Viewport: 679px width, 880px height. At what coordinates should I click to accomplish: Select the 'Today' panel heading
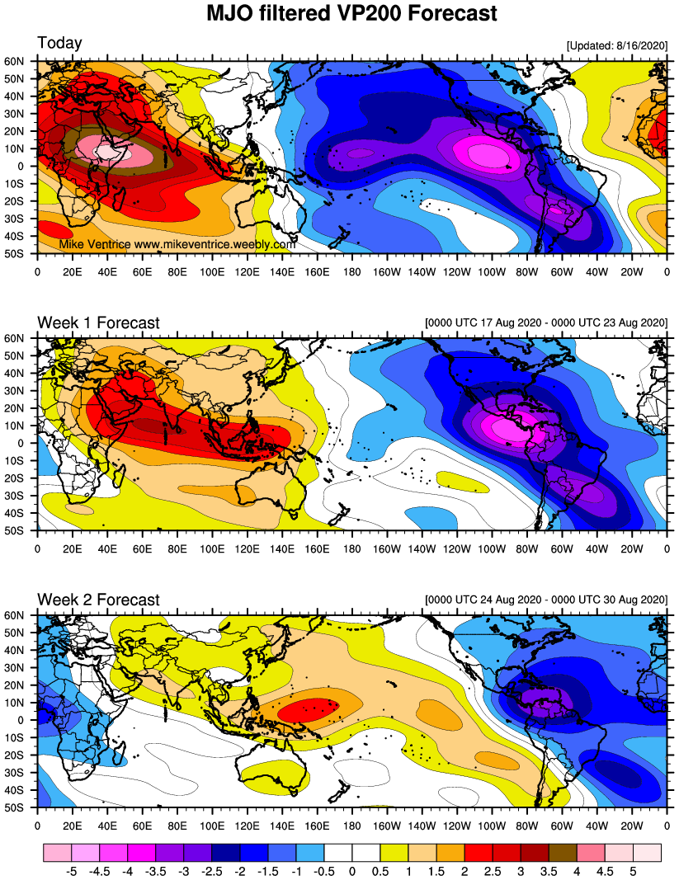pyautogui.click(x=59, y=43)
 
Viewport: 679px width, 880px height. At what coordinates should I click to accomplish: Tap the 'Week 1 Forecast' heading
pyautogui.click(x=98, y=322)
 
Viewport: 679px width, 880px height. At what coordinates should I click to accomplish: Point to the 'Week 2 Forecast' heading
pyautogui.click(x=98, y=600)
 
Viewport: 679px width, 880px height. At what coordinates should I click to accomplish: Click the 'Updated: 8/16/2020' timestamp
pyautogui.click(x=616, y=45)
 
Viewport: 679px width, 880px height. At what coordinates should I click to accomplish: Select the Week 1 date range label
pyautogui.click(x=545, y=322)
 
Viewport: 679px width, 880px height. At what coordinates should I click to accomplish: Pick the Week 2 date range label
pyautogui.click(x=545, y=600)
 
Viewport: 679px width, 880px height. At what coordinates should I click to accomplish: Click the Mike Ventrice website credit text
pyautogui.click(x=177, y=245)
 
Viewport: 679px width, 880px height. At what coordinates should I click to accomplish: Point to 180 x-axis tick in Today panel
pyautogui.click(x=352, y=270)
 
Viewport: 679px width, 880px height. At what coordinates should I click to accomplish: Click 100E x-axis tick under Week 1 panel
pyautogui.click(x=212, y=547)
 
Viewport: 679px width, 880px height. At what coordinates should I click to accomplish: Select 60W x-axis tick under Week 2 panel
pyautogui.click(x=562, y=824)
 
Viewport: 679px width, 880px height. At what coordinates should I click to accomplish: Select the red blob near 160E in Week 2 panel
pyautogui.click(x=308, y=708)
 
